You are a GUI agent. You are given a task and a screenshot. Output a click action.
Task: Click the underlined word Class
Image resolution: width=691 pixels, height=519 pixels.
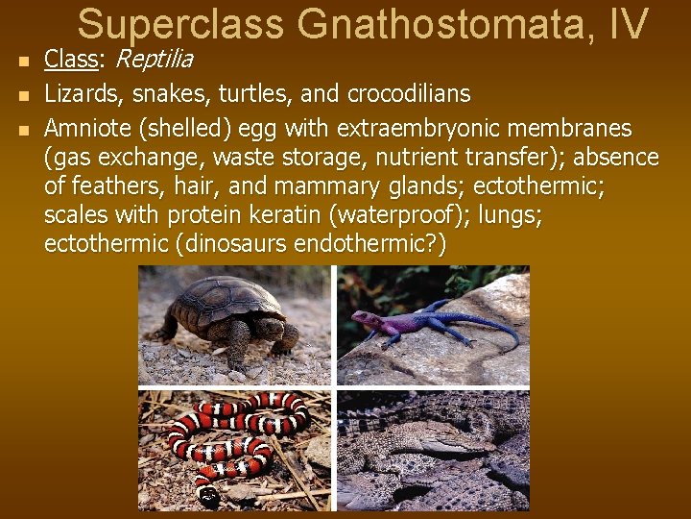pos(71,60)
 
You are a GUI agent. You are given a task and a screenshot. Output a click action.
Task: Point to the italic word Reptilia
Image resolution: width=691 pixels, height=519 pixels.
pos(154,60)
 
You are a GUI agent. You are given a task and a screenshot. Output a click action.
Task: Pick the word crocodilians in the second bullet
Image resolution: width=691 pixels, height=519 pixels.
pos(409,94)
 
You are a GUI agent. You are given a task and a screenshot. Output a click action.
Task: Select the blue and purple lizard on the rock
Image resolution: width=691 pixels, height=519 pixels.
pos(422,324)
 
